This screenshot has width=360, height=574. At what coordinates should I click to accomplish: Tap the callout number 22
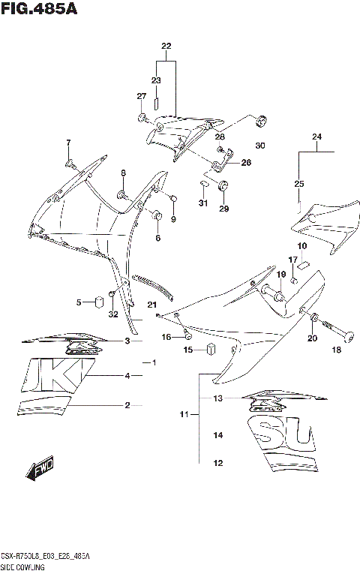coord(166,47)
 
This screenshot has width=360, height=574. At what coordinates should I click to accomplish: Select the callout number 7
coord(68,143)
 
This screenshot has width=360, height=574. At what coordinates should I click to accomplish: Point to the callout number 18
coord(336,350)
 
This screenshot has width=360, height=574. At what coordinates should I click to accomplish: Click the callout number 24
coord(316,137)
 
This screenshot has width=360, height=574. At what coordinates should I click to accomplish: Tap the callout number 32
coord(112,314)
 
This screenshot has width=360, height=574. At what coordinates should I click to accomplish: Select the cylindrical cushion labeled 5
coord(97,302)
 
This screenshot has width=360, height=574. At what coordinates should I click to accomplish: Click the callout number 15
coord(190,350)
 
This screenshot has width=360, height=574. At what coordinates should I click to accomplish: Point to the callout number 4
coord(127,375)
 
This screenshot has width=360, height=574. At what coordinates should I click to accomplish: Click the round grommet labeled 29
coord(223,187)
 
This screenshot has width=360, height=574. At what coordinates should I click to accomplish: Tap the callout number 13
coord(218,398)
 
